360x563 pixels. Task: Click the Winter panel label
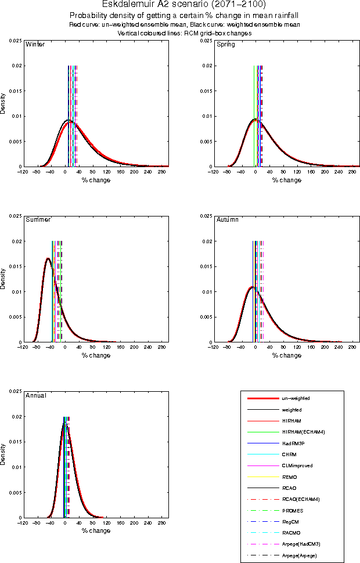coord(35,45)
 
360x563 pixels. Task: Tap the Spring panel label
coord(225,45)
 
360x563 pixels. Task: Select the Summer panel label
coord(38,220)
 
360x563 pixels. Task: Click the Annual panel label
coord(36,395)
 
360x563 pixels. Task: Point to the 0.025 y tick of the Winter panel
coord(15,41)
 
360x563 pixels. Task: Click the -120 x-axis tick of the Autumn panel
coord(214,347)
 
